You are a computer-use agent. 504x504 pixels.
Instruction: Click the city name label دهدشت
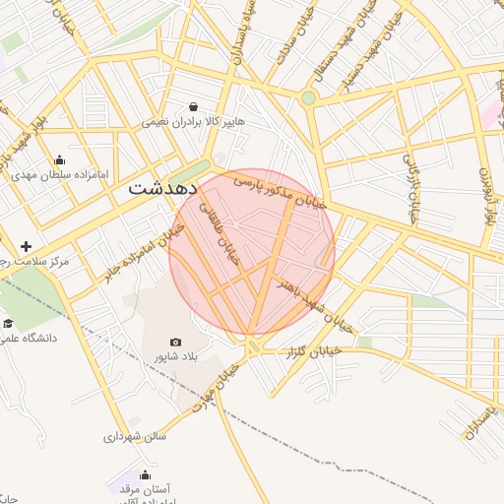tap(163, 186)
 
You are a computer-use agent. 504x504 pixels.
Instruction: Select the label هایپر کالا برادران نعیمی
tap(193, 122)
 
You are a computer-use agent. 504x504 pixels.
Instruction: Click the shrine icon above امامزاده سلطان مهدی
tap(59, 160)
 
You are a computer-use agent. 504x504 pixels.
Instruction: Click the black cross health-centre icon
tap(26, 246)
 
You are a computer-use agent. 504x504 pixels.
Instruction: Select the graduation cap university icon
tap(8, 324)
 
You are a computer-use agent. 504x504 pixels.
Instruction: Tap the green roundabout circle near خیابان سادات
tap(308, 97)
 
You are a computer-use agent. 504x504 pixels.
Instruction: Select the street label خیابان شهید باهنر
tap(312, 298)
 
